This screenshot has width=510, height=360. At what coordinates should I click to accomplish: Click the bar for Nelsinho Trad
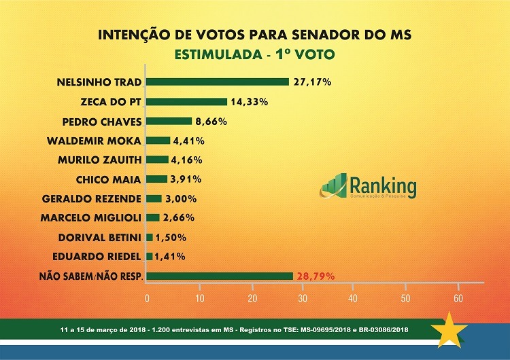[218, 82]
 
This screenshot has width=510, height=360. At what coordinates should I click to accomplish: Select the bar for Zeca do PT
[186, 102]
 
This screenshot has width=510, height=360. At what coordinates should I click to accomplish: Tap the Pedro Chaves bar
[169, 122]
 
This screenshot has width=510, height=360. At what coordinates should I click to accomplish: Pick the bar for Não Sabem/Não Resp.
[219, 276]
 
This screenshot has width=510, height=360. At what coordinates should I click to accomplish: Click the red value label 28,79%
[315, 276]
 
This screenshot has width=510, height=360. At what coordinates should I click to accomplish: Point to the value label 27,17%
[312, 82]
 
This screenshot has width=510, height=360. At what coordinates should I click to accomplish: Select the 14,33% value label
[249, 102]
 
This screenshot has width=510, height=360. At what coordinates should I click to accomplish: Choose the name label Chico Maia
[109, 179]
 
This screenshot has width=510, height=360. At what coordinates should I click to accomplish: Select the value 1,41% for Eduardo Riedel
[170, 257]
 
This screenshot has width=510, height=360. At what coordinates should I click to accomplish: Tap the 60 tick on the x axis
[458, 299]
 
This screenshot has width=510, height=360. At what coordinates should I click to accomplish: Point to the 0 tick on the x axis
[147, 299]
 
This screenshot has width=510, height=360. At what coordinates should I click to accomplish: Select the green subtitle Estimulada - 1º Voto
[255, 53]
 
